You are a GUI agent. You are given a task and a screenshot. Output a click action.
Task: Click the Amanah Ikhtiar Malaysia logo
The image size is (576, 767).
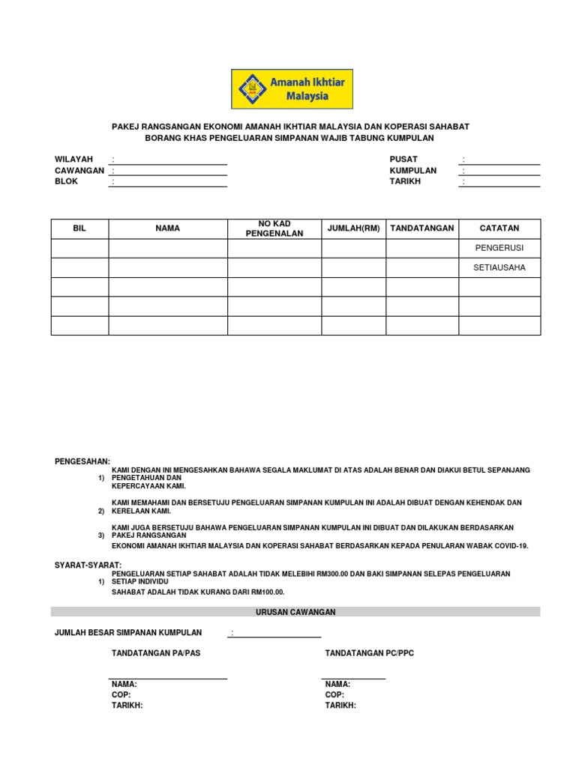pos(292,89)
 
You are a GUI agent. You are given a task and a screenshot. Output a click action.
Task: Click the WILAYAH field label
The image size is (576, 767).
pos(73,160)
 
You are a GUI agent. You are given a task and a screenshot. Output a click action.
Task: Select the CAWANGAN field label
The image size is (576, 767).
pos(79,171)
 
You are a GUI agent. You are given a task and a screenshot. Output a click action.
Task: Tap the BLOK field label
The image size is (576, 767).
pos(66,181)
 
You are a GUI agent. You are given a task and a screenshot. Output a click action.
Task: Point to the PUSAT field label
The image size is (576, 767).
pos(403,160)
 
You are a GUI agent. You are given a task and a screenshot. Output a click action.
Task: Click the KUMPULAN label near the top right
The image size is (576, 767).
pos(412,171)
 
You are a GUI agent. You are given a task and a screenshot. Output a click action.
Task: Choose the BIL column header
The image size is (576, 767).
pos(79,228)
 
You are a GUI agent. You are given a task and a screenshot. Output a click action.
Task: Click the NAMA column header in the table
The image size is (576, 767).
pos(167,228)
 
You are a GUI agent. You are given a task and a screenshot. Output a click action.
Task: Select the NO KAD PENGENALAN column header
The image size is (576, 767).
pos(274,228)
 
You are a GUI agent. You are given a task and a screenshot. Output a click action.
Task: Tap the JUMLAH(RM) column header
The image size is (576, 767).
pos(353,228)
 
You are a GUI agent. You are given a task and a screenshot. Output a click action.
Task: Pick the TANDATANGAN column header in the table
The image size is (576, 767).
pos(421,228)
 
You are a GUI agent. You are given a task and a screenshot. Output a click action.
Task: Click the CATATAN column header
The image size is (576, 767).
pos(499,228)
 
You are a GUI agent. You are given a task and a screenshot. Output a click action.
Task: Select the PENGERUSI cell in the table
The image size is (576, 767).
pos(499,248)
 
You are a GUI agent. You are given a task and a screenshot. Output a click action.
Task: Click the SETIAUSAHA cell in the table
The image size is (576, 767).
pos(499,267)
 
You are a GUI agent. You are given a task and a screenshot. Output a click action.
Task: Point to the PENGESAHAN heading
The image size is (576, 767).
pos(82,461)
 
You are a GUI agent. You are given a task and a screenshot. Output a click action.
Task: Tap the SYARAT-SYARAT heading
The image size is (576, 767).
pos(88,565)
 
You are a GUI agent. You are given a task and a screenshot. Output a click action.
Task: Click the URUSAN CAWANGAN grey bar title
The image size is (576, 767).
pos(295,612)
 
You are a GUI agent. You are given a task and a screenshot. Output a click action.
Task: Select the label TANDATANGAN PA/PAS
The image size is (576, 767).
pos(156,653)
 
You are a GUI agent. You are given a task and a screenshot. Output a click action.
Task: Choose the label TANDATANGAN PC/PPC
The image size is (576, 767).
pos(369,653)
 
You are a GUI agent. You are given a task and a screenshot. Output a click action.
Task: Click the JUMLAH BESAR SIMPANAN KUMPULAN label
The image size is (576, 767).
pos(128,633)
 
